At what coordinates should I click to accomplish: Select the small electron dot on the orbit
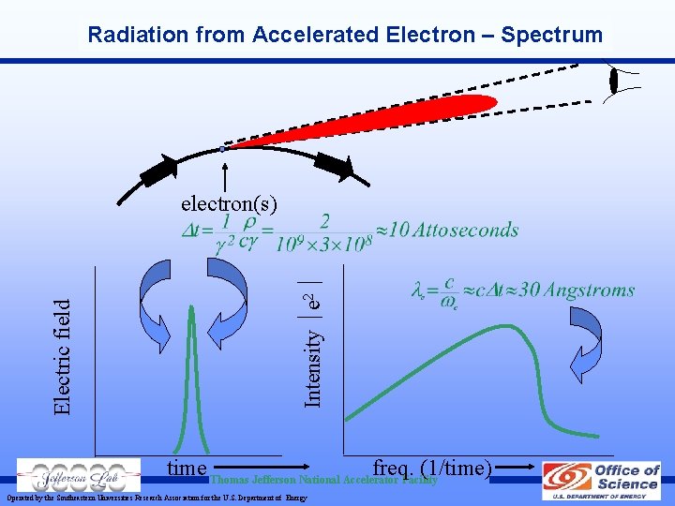point(222,149)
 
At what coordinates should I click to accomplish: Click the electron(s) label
point(229,202)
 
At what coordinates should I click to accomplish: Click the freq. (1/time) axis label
point(432,467)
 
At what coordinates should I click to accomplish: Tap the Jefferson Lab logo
point(72,476)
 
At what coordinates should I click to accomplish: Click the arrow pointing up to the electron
point(225,173)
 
